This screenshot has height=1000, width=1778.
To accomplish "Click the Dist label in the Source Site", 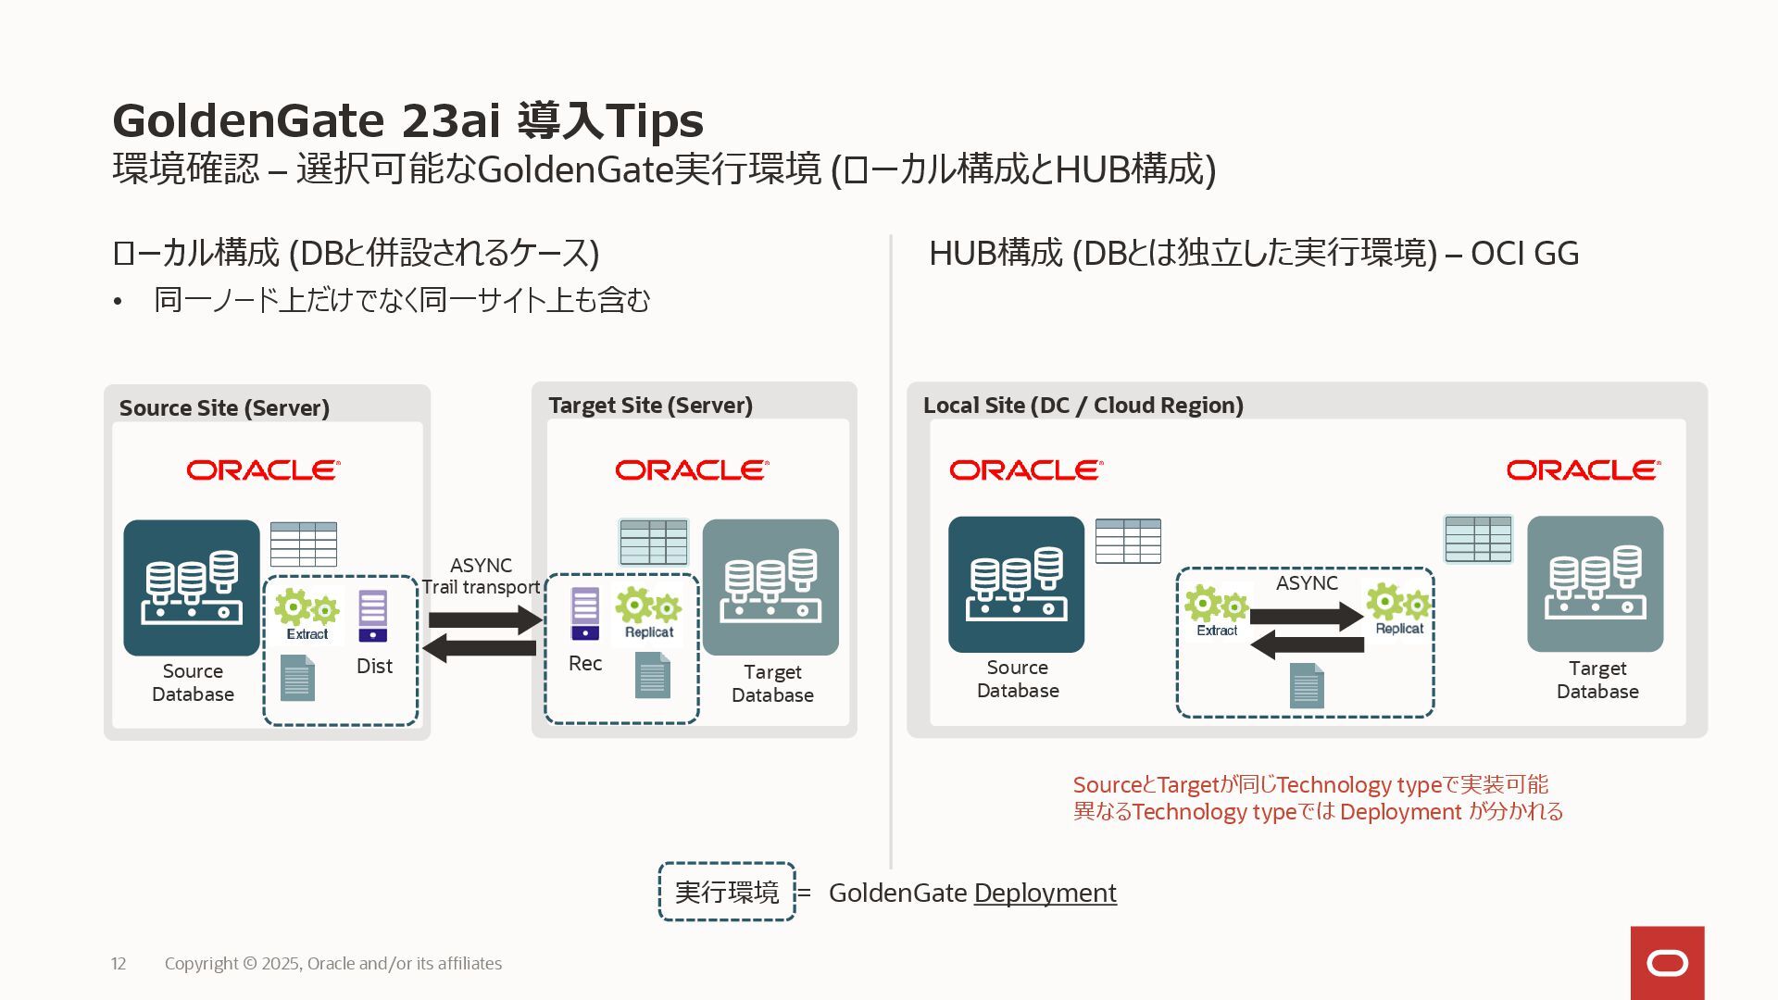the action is tap(374, 666).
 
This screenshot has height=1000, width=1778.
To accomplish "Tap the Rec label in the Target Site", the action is tap(585, 663).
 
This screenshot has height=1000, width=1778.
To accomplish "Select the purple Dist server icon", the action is tap(372, 616).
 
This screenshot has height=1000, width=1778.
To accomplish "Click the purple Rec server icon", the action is tap(585, 613).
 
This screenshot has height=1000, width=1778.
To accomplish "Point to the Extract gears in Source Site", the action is tap(307, 614).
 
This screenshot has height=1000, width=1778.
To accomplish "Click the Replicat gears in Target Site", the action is tap(648, 612).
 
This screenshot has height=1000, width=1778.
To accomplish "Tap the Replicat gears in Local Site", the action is tap(1398, 608).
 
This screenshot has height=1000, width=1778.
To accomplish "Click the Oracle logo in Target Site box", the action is tap(692, 470).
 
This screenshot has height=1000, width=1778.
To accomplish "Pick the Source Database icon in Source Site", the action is tap(192, 588).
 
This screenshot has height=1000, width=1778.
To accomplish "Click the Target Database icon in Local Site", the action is tap(1595, 584).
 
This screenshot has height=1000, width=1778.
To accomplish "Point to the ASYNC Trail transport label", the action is tap(481, 576).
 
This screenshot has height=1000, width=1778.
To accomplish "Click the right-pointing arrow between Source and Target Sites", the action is tap(484, 620).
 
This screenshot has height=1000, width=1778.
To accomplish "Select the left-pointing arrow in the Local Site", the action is tap(1307, 644).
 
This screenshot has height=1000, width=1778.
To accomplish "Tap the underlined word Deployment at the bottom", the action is tap(1045, 893).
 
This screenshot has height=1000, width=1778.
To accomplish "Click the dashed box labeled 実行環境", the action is tap(727, 892).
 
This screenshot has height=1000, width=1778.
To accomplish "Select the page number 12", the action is tap(119, 963).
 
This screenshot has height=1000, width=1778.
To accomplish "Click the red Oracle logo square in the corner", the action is tap(1667, 963).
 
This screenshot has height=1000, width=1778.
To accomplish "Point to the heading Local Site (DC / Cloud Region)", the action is tap(1083, 406).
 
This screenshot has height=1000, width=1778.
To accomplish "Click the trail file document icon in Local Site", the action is tap(1307, 685).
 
